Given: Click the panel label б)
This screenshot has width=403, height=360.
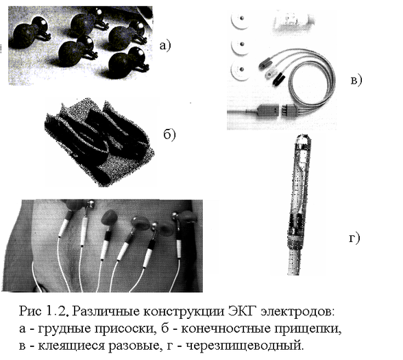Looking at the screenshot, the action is point(169,134).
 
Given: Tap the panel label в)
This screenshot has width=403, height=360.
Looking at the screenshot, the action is point(356,80).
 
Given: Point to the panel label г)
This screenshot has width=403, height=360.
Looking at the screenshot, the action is point(355,238).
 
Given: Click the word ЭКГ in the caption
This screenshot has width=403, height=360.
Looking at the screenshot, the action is point(243,311).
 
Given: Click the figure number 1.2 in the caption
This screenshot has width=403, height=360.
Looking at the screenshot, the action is point(57,311).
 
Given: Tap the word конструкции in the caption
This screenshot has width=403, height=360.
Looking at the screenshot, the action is point(184,312).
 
